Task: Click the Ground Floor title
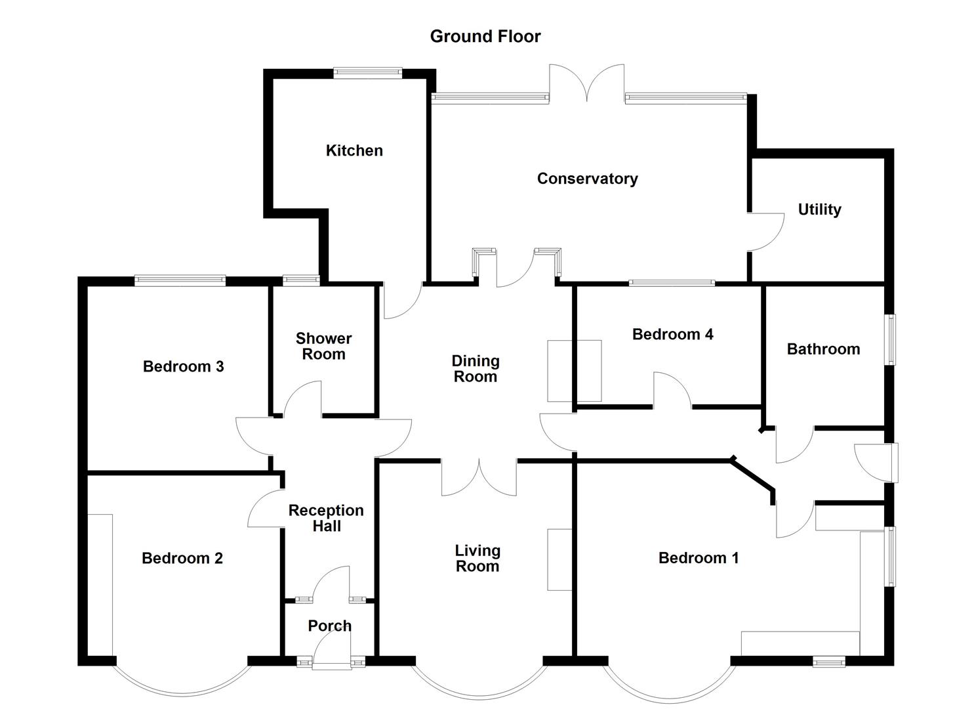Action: (485, 36)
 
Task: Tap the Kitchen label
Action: (354, 150)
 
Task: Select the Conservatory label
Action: (587, 179)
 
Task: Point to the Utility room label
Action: (819, 209)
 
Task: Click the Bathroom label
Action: (823, 349)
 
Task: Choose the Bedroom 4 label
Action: (672, 334)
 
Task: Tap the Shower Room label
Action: (323, 347)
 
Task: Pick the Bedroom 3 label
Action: (183, 366)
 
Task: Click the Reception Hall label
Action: (326, 518)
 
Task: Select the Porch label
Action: (329, 626)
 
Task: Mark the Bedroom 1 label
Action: (699, 558)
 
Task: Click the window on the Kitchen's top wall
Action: (367, 73)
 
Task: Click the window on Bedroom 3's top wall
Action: (180, 281)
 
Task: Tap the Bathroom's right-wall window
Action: (891, 339)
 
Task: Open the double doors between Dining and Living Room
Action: (479, 478)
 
